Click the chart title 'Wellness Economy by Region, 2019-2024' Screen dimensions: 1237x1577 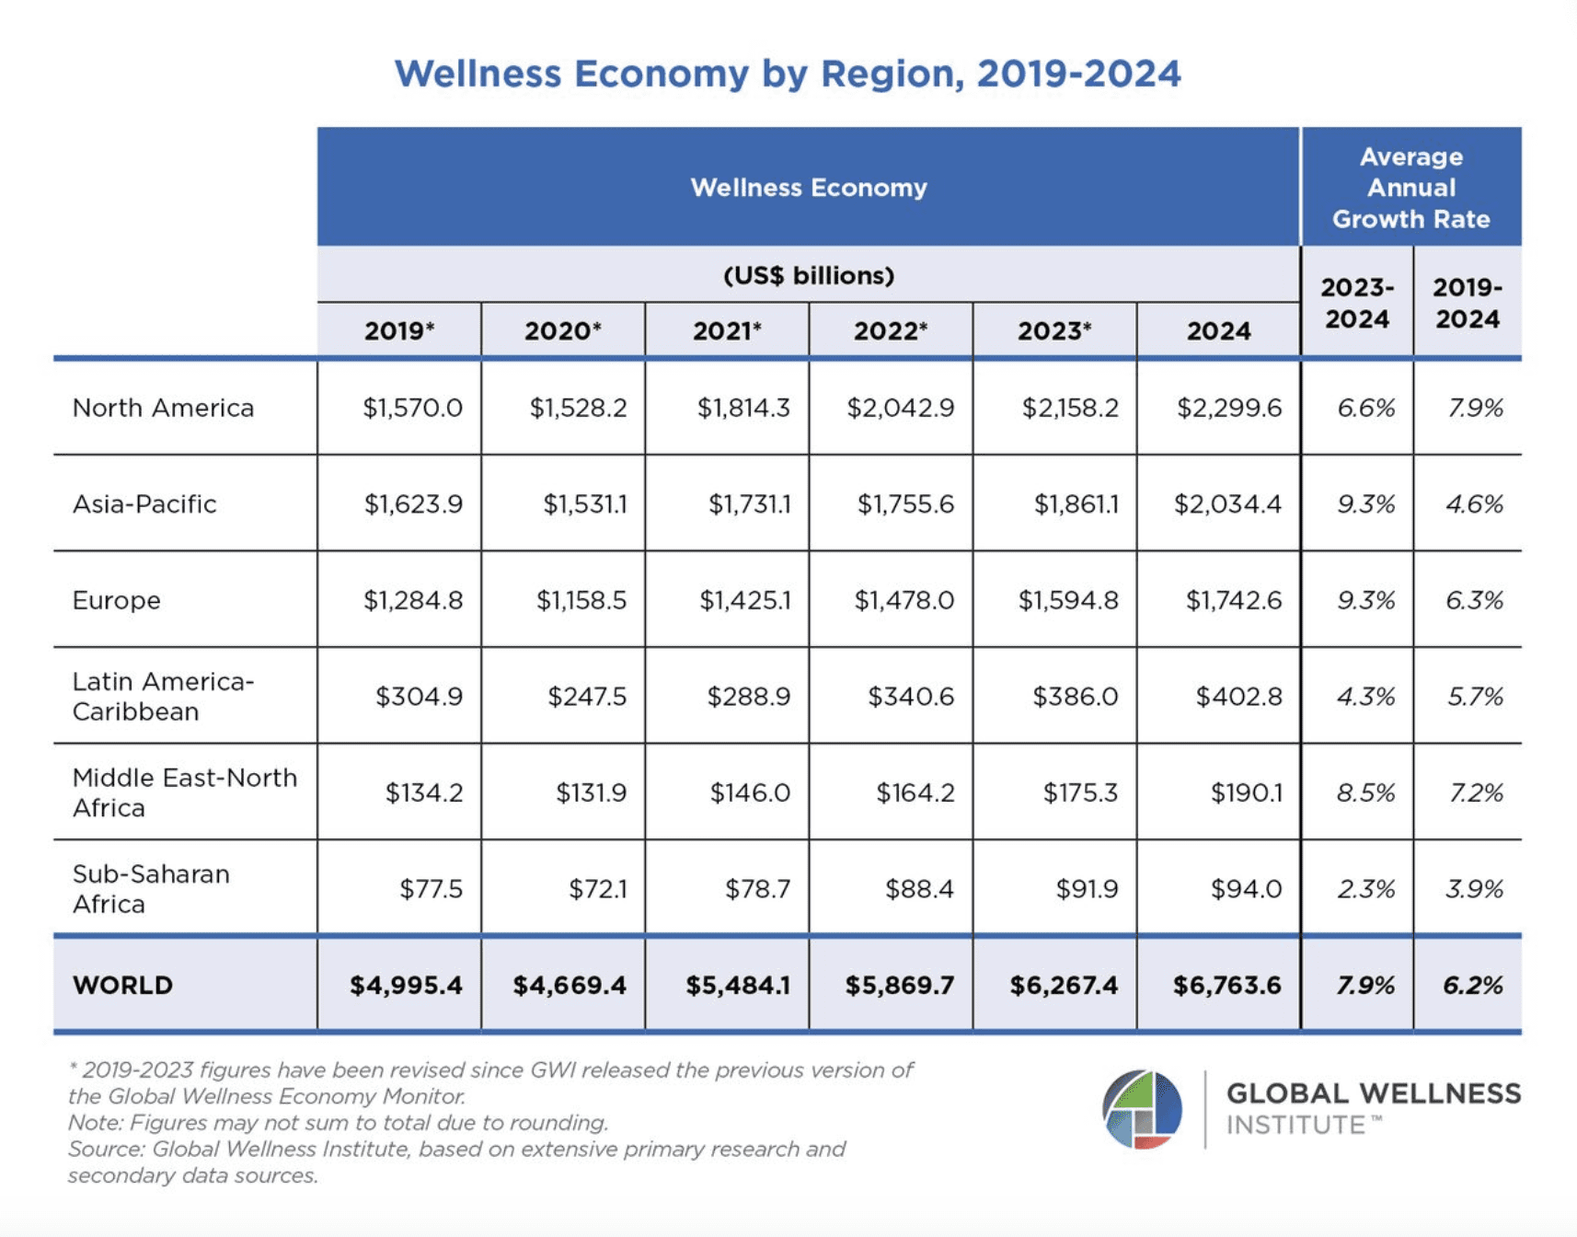[x=788, y=74]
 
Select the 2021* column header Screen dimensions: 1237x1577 [x=727, y=330]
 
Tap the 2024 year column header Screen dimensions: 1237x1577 [x=1218, y=330]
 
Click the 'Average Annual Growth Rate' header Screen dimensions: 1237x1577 [x=1410, y=188]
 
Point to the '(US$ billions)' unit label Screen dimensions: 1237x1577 [x=808, y=275]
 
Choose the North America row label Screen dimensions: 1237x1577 [x=163, y=408]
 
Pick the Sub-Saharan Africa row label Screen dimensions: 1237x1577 [x=151, y=888]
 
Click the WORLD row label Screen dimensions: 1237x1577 [x=122, y=985]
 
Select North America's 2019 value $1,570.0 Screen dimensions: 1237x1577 [x=412, y=408]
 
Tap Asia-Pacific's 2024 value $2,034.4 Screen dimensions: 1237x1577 [x=1227, y=504]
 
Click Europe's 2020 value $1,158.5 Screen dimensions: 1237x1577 [x=581, y=600]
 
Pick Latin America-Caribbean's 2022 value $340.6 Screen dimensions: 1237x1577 [x=911, y=697]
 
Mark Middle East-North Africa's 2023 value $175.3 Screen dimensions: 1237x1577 [x=1080, y=792]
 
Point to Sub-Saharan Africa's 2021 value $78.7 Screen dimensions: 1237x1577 [x=757, y=889]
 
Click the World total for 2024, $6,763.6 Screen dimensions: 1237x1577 [x=1226, y=986]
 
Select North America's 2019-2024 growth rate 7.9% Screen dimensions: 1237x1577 [x=1475, y=408]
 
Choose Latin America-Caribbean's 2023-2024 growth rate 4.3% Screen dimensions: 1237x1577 [x=1365, y=697]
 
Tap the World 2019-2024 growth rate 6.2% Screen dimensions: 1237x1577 [x=1472, y=986]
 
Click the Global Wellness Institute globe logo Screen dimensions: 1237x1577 [x=1142, y=1109]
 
